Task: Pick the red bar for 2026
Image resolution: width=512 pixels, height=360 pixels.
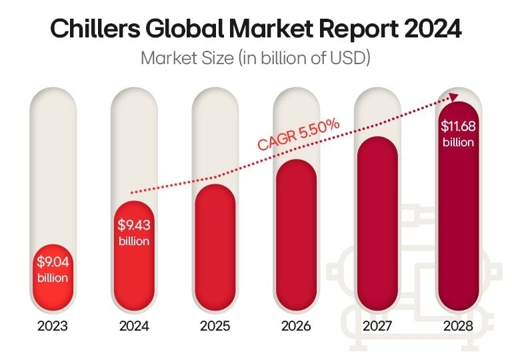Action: pyautogui.click(x=295, y=233)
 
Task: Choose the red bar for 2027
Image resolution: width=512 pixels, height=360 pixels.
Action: pyautogui.click(x=377, y=220)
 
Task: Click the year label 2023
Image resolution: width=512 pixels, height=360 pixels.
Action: pyautogui.click(x=53, y=327)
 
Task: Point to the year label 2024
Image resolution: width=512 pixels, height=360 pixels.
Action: pyautogui.click(x=134, y=327)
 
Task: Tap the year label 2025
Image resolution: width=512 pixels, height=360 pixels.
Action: pyautogui.click(x=215, y=327)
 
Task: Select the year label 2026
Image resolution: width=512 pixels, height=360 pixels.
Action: pyautogui.click(x=295, y=327)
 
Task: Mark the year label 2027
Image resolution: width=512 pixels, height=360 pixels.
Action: pyautogui.click(x=377, y=327)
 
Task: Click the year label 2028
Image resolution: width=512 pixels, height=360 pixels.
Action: pyautogui.click(x=457, y=327)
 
